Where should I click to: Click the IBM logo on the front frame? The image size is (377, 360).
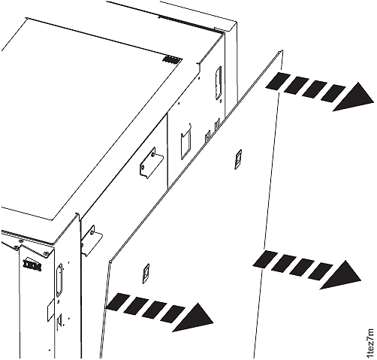32,265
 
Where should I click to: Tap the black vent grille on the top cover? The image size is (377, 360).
173,58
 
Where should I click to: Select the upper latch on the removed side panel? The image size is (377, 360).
238,157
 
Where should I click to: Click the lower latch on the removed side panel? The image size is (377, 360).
147,268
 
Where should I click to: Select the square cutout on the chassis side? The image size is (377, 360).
185,142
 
